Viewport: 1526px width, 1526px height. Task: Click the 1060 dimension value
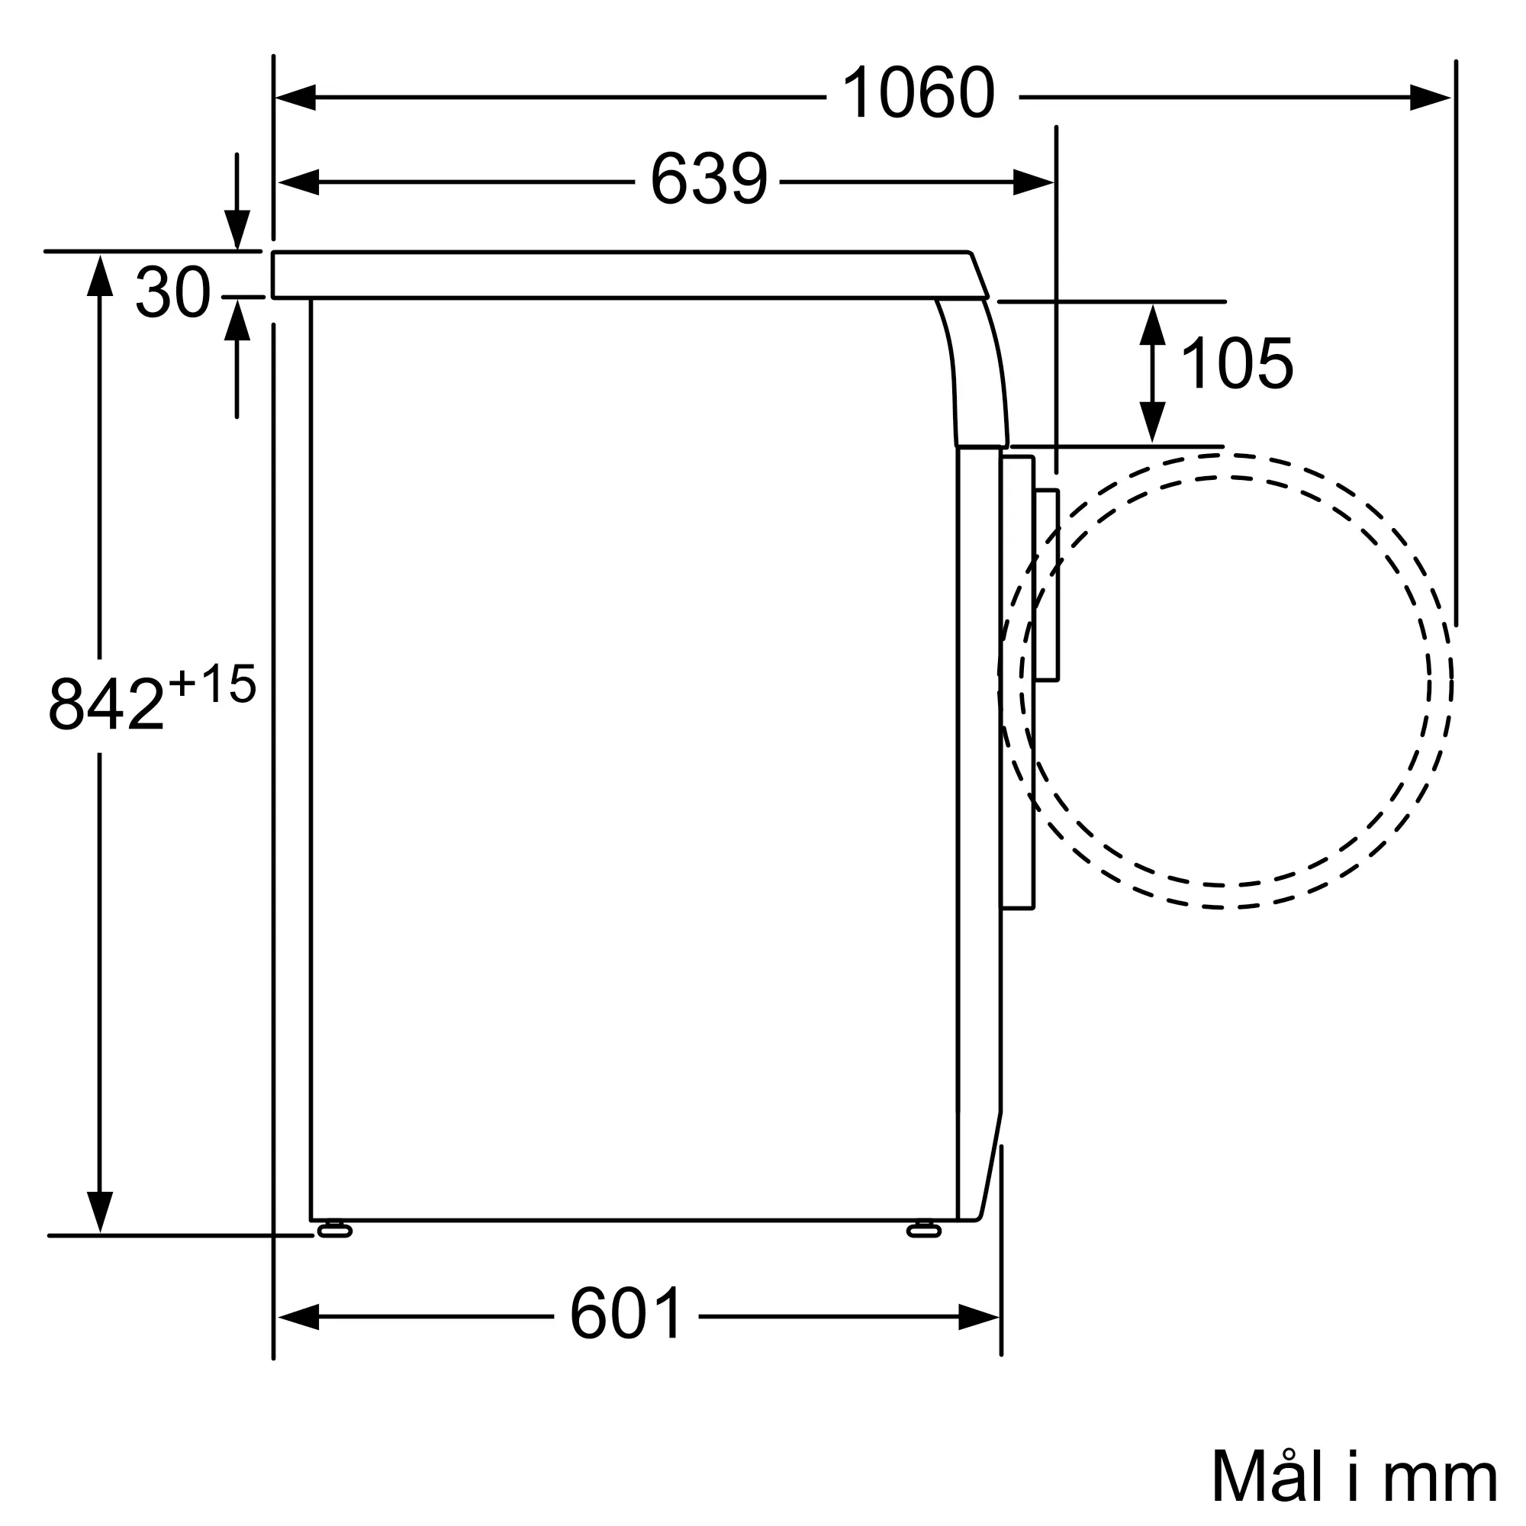(x=919, y=93)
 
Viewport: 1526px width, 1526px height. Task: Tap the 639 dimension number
(x=709, y=179)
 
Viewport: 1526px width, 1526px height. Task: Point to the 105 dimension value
(x=1237, y=363)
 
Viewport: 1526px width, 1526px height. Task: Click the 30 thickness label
(x=173, y=292)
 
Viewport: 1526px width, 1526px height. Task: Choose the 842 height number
(x=107, y=702)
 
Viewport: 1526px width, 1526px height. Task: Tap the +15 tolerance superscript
(x=211, y=683)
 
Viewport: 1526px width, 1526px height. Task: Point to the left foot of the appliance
(x=335, y=1230)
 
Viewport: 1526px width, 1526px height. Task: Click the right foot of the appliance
(x=924, y=1230)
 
